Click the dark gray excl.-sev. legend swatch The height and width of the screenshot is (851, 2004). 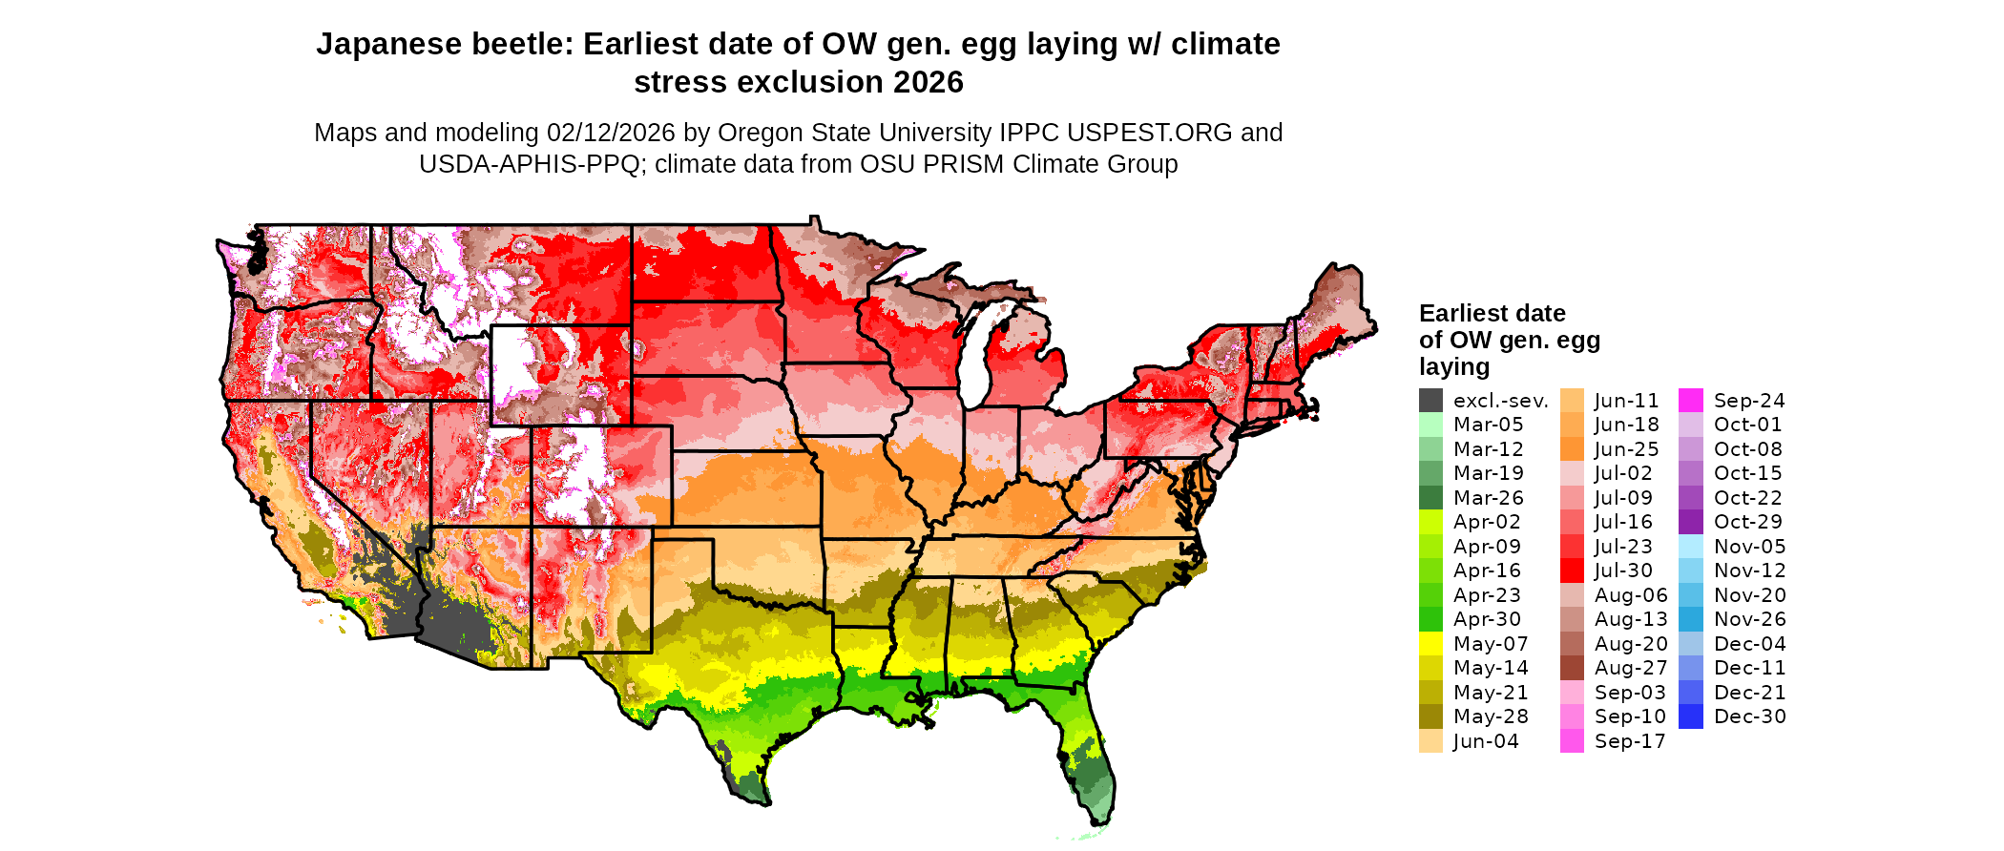[1430, 401]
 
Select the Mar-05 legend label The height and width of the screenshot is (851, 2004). [1488, 425]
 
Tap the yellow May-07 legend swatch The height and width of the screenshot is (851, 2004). [1430, 644]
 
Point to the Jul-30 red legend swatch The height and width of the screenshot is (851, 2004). [1572, 571]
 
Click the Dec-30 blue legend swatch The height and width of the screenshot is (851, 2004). [1690, 716]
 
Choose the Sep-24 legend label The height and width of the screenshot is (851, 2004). [1748, 401]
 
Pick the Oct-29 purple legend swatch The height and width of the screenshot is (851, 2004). [1690, 522]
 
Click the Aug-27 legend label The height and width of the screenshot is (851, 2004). [1631, 668]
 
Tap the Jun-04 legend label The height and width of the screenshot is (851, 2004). [1486, 741]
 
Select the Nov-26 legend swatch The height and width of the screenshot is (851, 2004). [1690, 619]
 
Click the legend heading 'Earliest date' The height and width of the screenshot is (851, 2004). [1492, 313]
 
